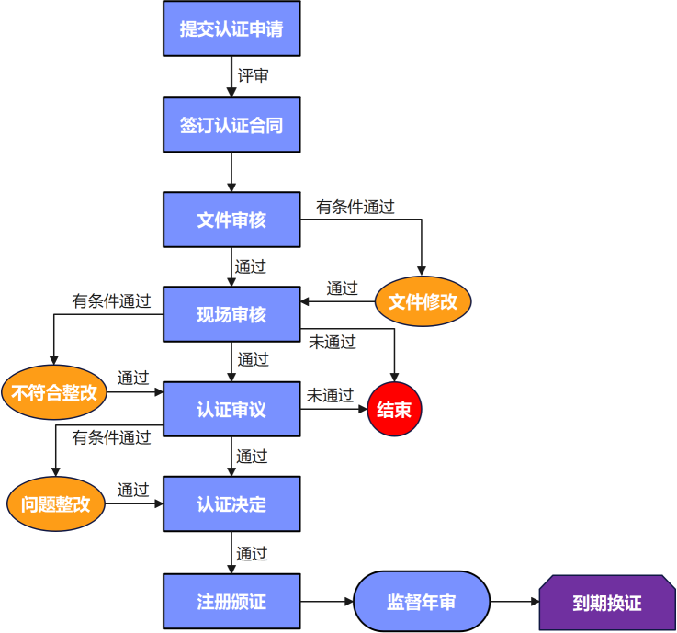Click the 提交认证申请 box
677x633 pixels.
pos(231,28)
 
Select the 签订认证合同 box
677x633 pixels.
pos(231,125)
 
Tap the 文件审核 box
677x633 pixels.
pos(231,220)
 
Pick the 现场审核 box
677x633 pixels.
pos(231,314)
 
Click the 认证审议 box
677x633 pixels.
pos(231,409)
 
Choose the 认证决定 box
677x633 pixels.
pos(231,503)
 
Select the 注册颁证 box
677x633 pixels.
pos(231,602)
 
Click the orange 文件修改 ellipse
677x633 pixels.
pos(423,301)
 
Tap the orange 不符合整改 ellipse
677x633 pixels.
pos(54,393)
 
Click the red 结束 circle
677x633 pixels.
pos(394,410)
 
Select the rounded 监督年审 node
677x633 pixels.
pos(422,602)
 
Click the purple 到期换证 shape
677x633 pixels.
pos(606,603)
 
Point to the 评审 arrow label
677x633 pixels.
pos(254,76)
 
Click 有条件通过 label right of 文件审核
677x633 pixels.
pos(355,207)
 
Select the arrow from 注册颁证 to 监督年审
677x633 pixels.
pos(327,602)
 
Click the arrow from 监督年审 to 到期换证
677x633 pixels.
pos(514,602)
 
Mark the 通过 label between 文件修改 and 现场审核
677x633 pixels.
pos(342,288)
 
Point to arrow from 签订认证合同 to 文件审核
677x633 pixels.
pos(231,172)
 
